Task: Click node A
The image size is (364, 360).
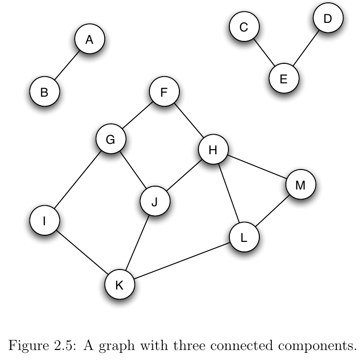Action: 89,40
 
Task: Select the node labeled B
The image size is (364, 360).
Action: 44,92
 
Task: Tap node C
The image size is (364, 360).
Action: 244,28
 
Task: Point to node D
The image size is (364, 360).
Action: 327,19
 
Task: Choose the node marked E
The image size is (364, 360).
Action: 284,79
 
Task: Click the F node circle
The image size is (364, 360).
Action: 164,92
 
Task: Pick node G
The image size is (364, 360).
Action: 110,140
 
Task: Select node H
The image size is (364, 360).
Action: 213,150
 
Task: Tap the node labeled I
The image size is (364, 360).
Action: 44,220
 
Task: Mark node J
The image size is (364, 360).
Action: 155,201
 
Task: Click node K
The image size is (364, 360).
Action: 119,285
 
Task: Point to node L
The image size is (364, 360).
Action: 244,237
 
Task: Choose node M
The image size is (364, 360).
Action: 300,185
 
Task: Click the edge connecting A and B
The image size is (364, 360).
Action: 67,66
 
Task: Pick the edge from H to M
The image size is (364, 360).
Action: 257,168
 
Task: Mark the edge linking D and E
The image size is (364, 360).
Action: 305,49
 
